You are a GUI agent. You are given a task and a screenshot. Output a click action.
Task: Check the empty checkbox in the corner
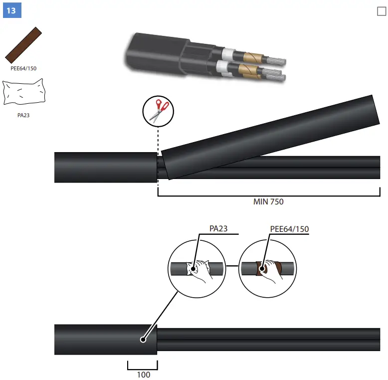[382, 11]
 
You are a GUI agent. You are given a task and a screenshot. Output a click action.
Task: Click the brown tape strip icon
[23, 45]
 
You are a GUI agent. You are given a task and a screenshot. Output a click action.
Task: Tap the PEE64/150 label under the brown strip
[23, 68]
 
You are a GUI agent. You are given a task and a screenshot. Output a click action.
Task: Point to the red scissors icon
[159, 110]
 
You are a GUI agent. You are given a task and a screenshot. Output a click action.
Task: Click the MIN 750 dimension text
[268, 202]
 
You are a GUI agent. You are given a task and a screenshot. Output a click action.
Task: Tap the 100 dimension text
[143, 375]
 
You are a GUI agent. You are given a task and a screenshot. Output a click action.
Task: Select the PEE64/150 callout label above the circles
[289, 229]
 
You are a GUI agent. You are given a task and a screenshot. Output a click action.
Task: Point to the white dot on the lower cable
[143, 340]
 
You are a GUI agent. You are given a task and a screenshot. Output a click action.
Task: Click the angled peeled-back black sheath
[269, 137]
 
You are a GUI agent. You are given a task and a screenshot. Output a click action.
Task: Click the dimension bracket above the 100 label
[143, 366]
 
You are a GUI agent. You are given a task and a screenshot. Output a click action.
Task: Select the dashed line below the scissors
[158, 140]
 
